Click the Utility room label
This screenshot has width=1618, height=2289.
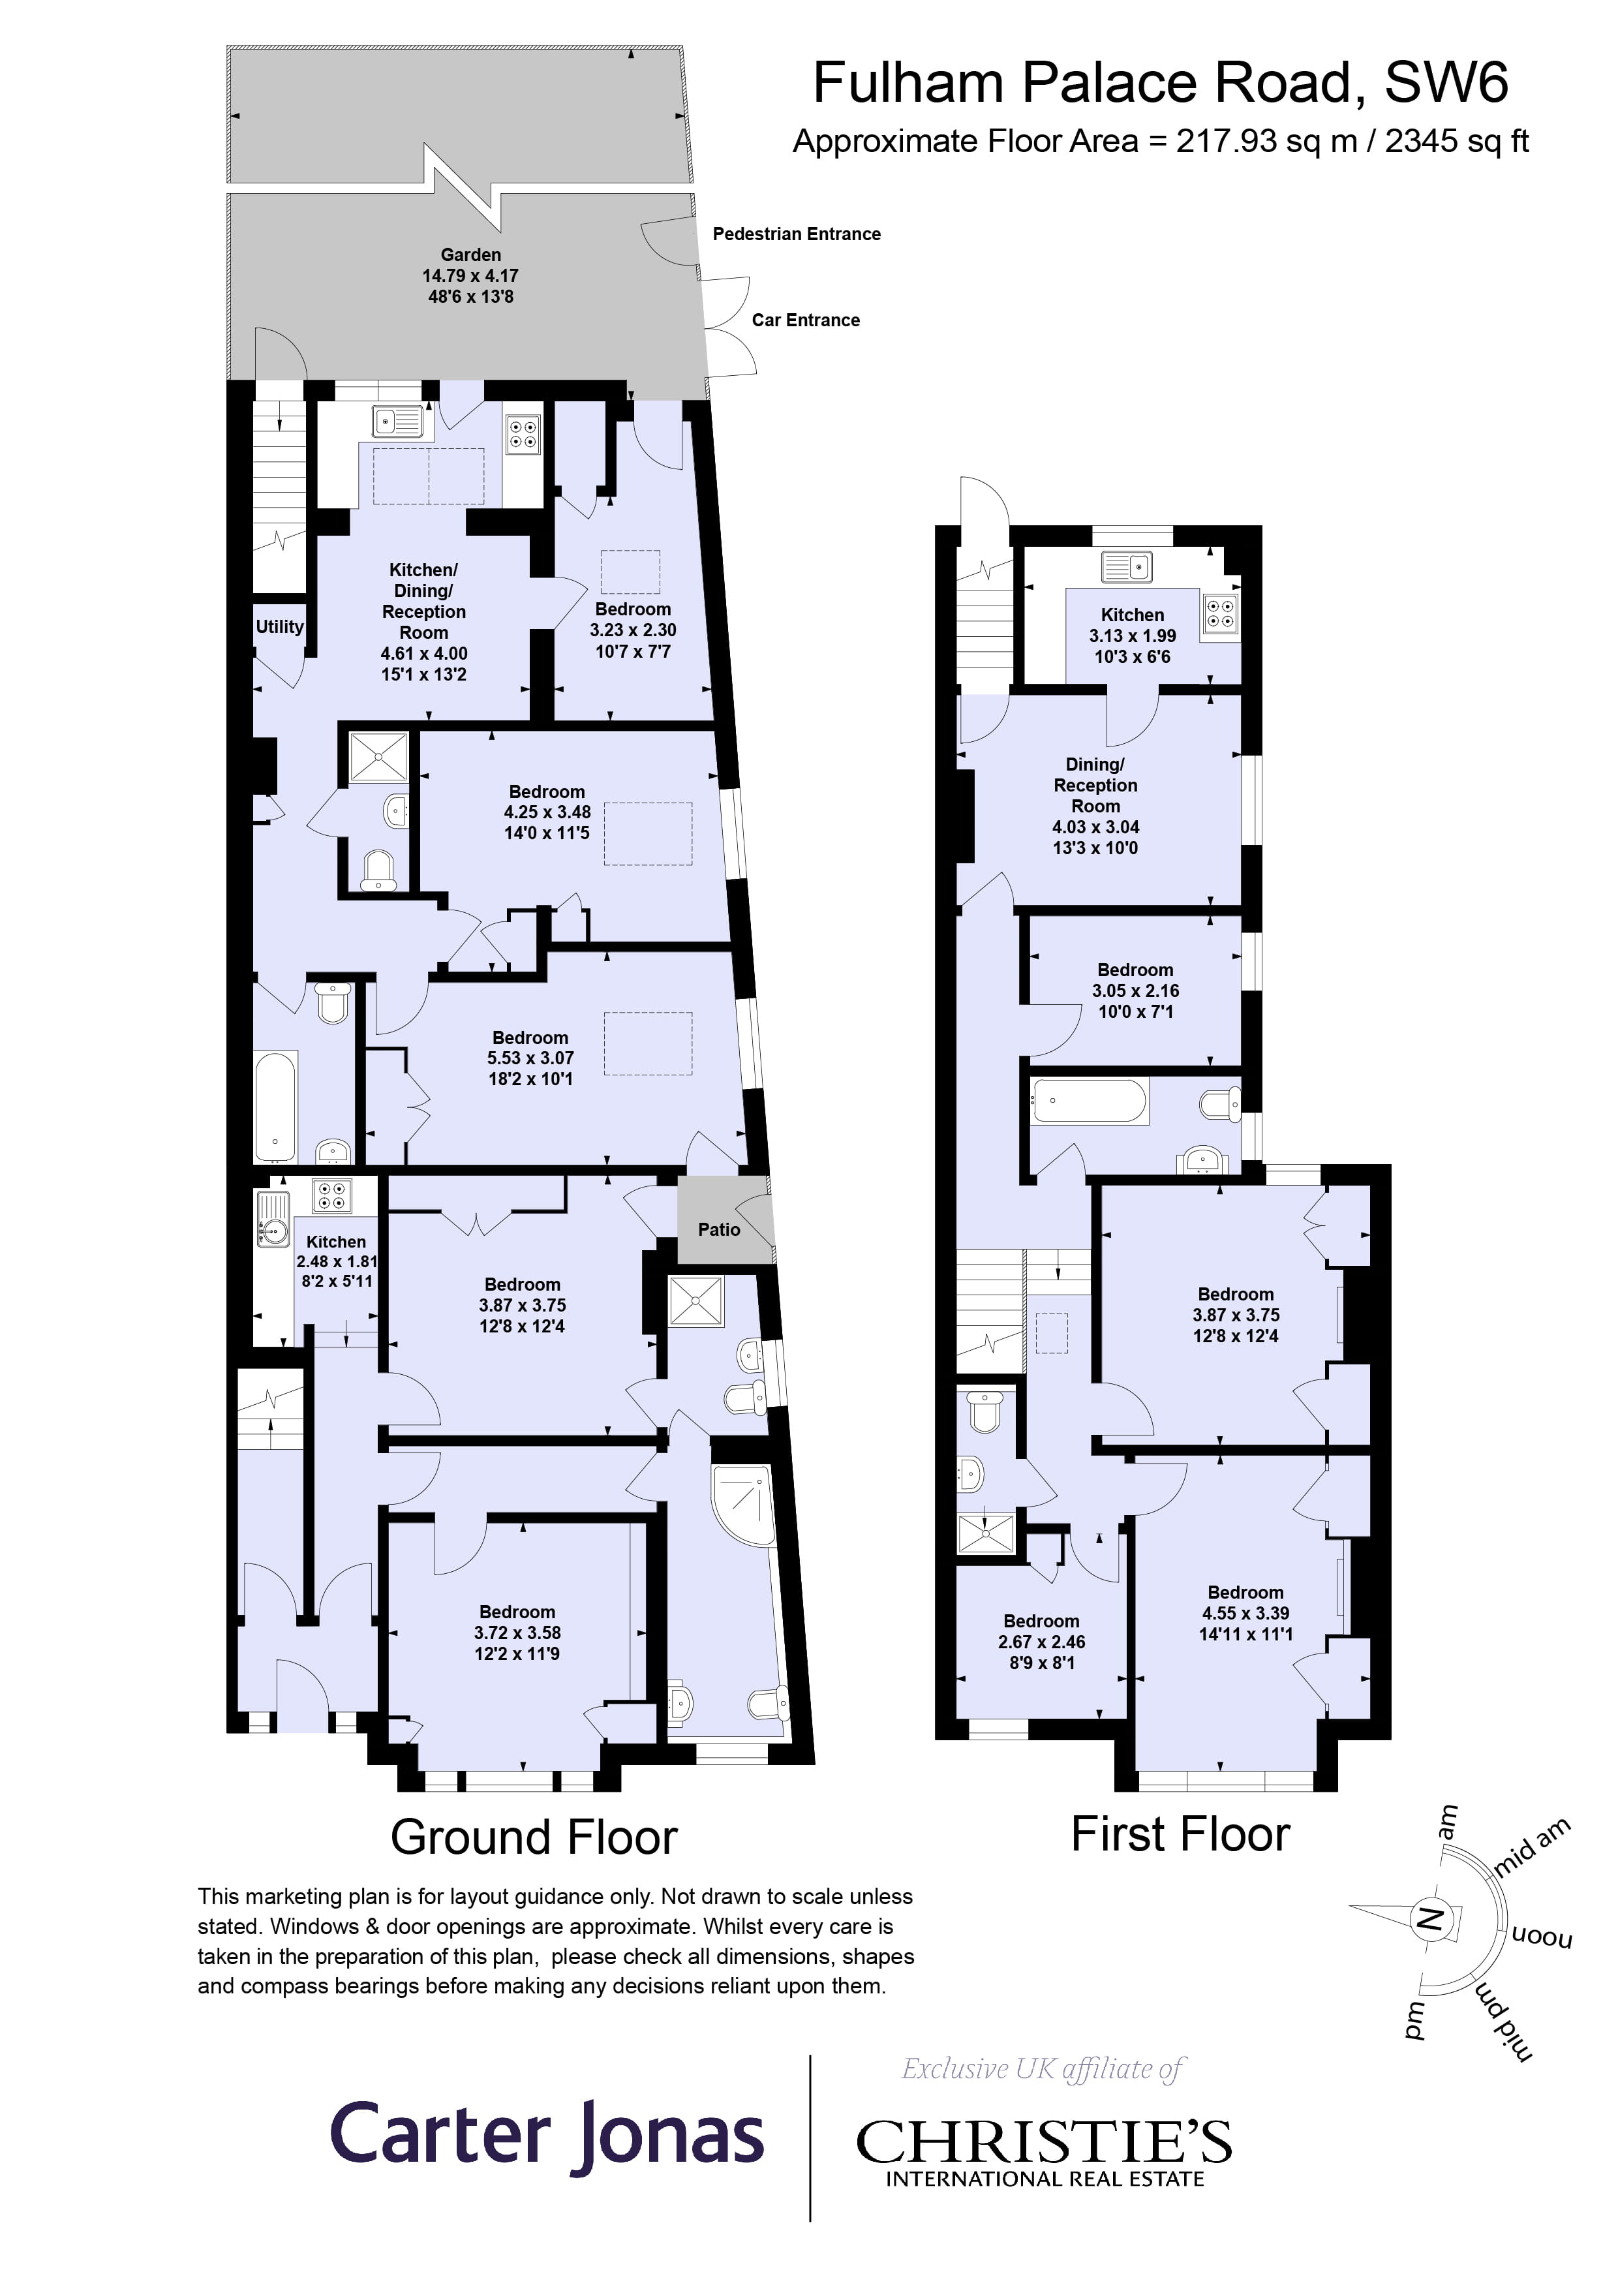tap(279, 627)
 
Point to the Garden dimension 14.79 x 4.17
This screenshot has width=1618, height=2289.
tap(470, 276)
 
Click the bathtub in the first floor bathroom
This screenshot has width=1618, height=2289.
tap(1089, 1101)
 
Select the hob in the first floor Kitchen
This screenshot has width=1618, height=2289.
tap(1220, 613)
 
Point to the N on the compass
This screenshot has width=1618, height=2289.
tap(1429, 1918)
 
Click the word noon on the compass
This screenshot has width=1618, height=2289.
tap(1542, 1938)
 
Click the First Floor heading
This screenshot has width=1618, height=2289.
tap(1180, 1834)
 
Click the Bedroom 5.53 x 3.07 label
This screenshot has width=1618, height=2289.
tap(530, 1058)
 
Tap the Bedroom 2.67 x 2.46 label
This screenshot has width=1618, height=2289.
tap(1042, 1642)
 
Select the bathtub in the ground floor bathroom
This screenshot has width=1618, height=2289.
tap(275, 1107)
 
